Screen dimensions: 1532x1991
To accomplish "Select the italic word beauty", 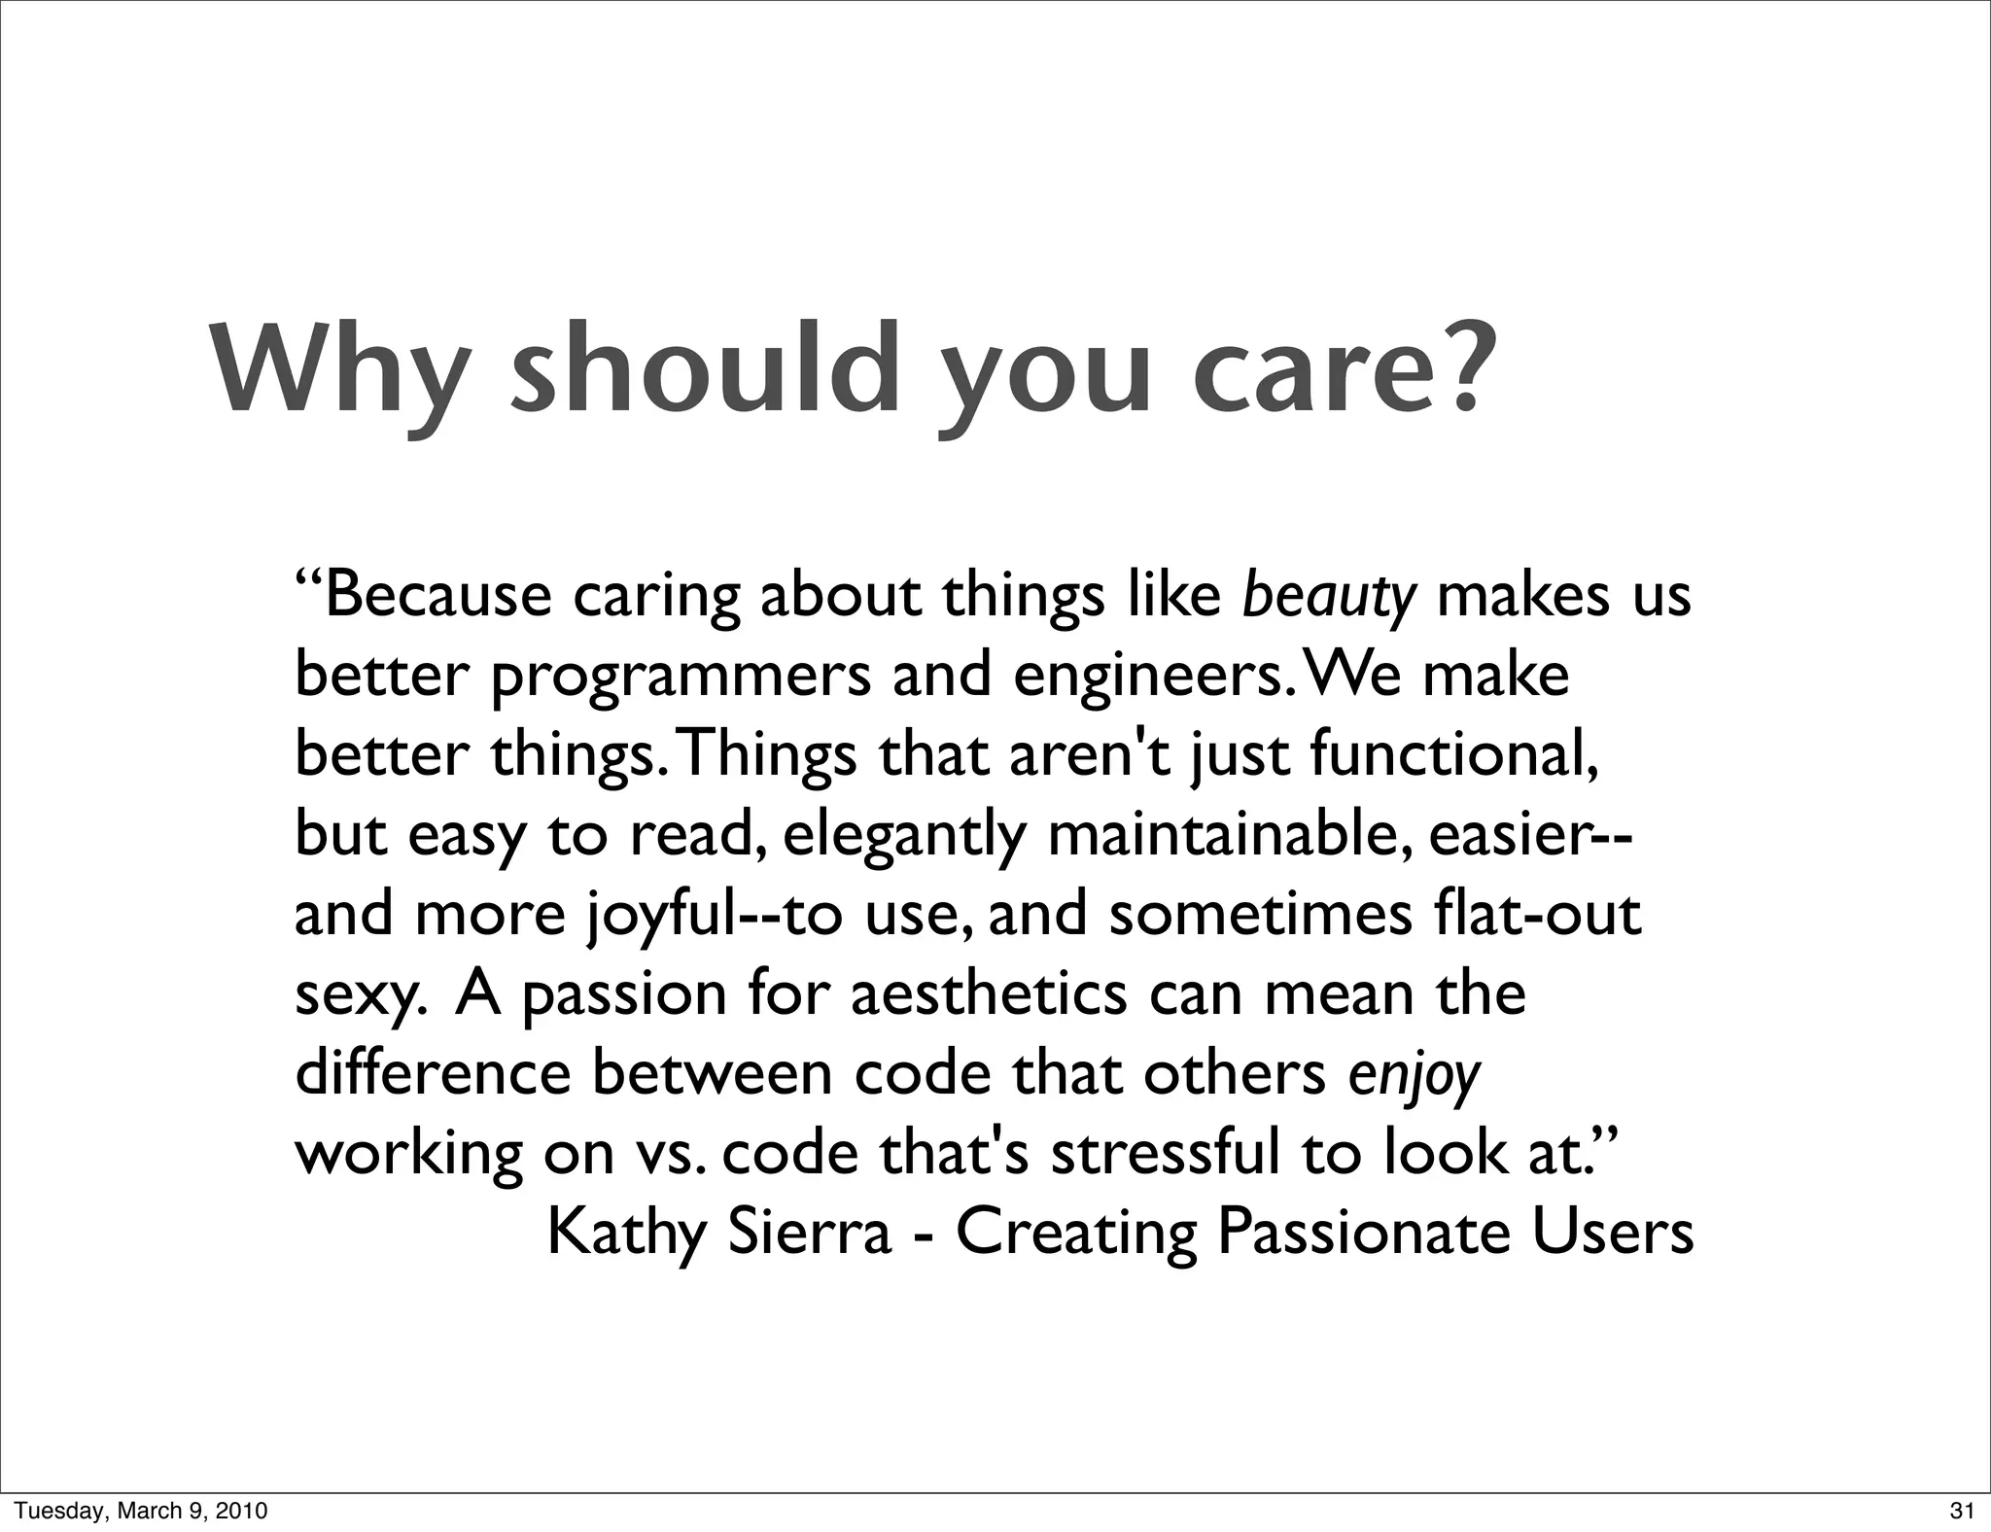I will [1329, 598].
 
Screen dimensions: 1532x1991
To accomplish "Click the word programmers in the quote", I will [681, 679].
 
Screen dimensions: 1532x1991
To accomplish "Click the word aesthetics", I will [989, 994].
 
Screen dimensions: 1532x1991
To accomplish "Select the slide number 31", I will [1962, 1511].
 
